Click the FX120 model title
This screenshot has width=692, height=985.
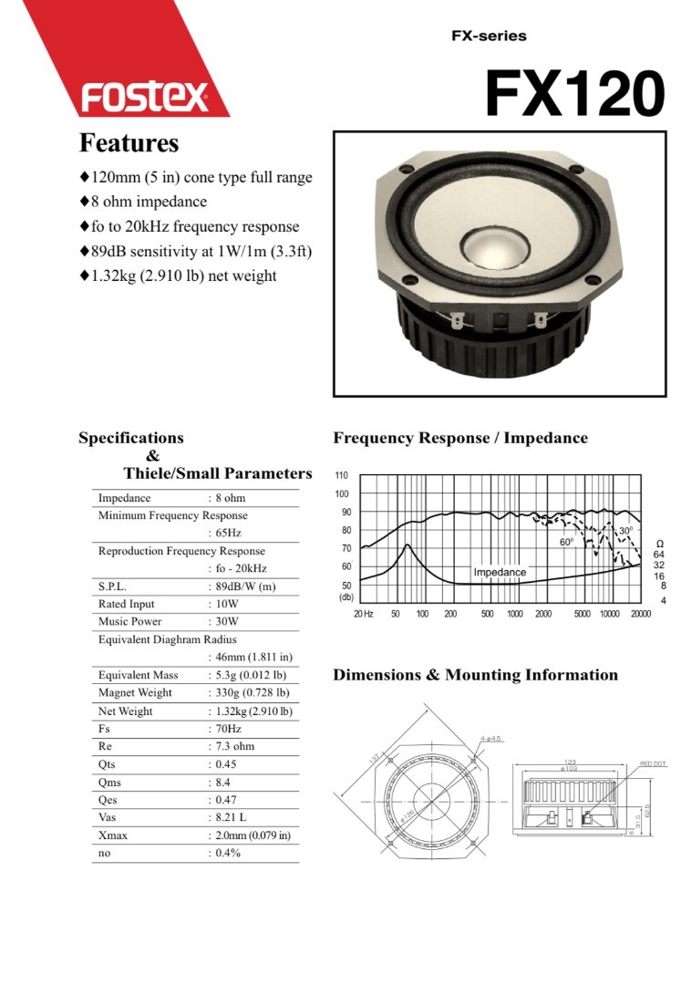coord(574,93)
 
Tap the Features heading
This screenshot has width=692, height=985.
coord(129,143)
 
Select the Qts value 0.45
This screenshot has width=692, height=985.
coord(225,764)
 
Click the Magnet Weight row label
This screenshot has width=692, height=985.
coord(138,693)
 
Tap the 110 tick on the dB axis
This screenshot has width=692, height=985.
coord(341,476)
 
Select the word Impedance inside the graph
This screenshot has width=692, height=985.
coord(500,572)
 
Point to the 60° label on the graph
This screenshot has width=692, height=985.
coord(565,542)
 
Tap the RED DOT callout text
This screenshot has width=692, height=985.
coord(653,762)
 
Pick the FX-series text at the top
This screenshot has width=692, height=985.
coord(489,36)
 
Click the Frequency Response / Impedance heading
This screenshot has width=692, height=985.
coord(460,438)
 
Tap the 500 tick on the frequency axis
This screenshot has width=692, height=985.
coord(488,614)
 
